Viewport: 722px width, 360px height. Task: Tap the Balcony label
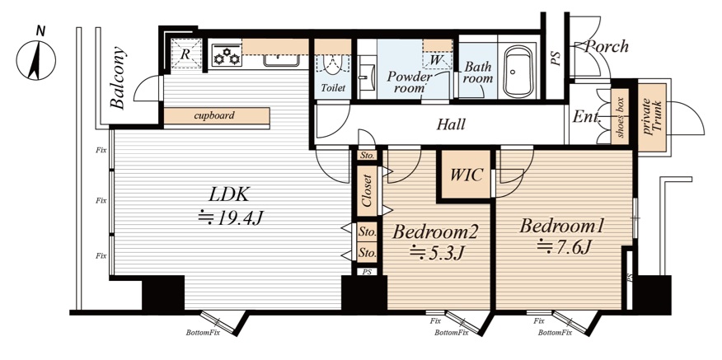click(119, 77)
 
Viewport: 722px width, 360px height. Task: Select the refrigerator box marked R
click(186, 54)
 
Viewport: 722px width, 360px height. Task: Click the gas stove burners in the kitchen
click(226, 55)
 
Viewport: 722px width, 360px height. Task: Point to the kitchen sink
click(280, 60)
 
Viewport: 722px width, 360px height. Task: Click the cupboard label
click(214, 115)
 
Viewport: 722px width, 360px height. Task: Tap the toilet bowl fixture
click(333, 65)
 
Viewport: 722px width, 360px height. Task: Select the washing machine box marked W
click(436, 60)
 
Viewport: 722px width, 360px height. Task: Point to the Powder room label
click(410, 82)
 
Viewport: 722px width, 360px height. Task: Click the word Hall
click(451, 124)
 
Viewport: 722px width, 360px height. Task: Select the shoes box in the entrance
click(621, 117)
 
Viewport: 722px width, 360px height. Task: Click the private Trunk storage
click(652, 118)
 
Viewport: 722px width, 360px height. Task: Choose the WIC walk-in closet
click(466, 175)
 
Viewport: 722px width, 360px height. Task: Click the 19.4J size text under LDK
click(230, 217)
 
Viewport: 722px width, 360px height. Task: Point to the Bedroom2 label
click(434, 232)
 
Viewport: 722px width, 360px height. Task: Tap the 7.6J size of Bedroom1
click(564, 247)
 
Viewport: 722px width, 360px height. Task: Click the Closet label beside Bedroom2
click(368, 190)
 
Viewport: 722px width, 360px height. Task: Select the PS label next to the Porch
click(556, 58)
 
